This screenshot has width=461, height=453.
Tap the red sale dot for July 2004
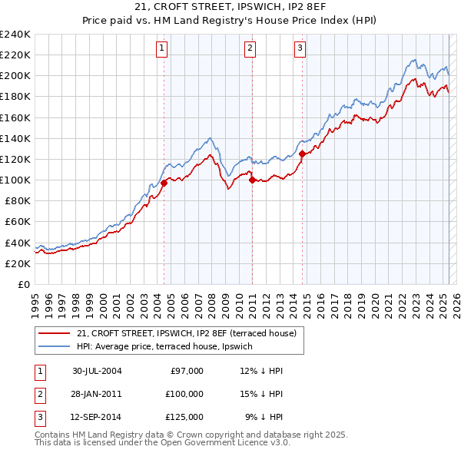pos(164,183)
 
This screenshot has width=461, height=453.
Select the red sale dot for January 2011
pos(252,180)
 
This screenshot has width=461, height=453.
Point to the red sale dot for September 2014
pos(302,154)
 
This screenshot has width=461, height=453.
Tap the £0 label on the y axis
pos(23,284)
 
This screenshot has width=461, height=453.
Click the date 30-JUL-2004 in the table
pos(97,371)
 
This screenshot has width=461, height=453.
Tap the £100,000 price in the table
pos(184,394)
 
